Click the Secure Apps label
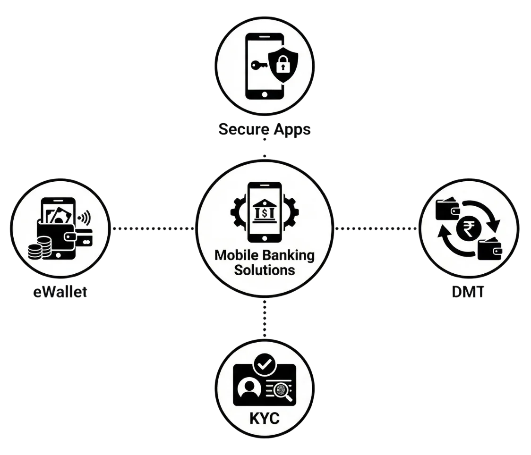click(265, 129)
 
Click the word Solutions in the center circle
click(265, 270)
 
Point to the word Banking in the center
click(291, 256)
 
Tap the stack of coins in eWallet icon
click(38, 249)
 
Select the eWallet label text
click(61, 292)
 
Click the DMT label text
click(467, 292)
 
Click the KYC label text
click(265, 418)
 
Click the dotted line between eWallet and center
click(153, 229)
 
